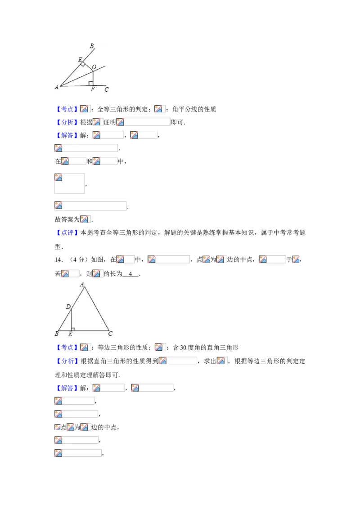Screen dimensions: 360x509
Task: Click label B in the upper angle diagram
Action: (x=92, y=46)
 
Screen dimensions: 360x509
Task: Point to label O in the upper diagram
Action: (x=94, y=67)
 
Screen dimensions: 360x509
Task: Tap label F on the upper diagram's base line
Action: (x=93, y=89)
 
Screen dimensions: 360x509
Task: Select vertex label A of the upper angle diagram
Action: (x=57, y=87)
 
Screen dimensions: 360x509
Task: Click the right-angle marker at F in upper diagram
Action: (x=91, y=84)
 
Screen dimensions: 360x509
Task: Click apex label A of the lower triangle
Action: (x=82, y=284)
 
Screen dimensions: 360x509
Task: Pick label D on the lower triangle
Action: (x=68, y=307)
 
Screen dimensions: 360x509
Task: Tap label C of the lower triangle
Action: (x=110, y=333)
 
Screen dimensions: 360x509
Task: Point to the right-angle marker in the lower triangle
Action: (x=73, y=329)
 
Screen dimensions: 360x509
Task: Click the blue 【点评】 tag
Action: (x=67, y=232)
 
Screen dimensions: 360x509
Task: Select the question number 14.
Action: (x=58, y=260)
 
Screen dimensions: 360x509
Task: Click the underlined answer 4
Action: (x=130, y=274)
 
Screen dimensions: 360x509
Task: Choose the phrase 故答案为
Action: (x=67, y=219)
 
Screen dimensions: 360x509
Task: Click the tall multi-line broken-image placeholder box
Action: (x=70, y=183)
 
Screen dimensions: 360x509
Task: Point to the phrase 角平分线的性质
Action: (x=194, y=109)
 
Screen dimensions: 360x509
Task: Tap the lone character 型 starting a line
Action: (x=58, y=247)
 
